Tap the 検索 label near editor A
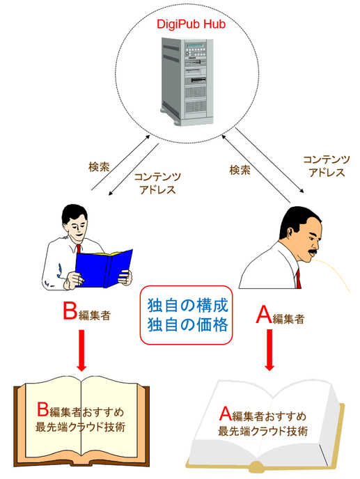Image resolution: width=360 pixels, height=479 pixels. (x=240, y=169)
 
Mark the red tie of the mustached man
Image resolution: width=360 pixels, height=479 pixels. (x=298, y=278)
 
